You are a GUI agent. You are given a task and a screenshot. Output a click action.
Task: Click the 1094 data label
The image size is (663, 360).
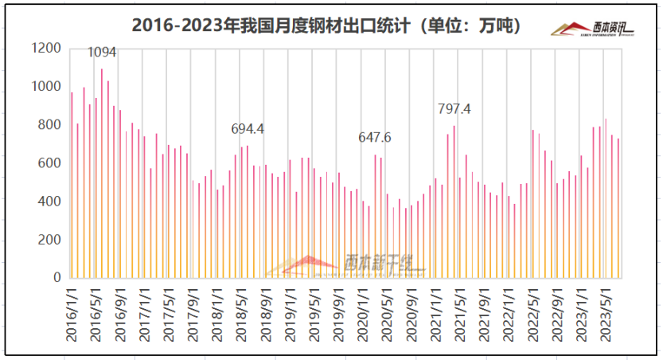click(102, 53)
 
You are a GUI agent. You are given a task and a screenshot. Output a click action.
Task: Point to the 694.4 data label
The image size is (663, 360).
click(248, 128)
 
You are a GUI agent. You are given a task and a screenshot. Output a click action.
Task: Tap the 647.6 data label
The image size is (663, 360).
click(375, 138)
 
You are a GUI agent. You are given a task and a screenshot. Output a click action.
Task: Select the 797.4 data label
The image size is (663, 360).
click(454, 109)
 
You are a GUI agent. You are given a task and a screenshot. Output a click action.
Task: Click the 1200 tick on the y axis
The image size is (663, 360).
click(45, 49)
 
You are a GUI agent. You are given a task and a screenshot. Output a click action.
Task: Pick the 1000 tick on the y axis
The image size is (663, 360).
click(45, 87)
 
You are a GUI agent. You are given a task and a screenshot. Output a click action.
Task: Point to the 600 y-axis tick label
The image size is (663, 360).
click(49, 163)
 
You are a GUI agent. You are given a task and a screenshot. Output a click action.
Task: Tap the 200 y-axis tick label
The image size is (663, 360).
click(49, 240)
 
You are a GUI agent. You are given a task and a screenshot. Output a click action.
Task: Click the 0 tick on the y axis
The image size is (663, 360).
click(57, 278)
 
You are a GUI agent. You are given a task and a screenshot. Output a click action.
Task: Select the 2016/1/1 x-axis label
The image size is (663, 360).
click(72, 315)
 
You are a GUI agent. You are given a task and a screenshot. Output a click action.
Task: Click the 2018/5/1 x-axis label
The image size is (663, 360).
click(240, 315)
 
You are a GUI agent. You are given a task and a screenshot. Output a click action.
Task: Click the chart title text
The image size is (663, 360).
click(326, 25)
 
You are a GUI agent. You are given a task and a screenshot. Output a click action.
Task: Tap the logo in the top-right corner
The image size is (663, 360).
click(592, 29)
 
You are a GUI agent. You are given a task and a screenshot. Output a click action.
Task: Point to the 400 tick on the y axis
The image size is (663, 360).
click(49, 202)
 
